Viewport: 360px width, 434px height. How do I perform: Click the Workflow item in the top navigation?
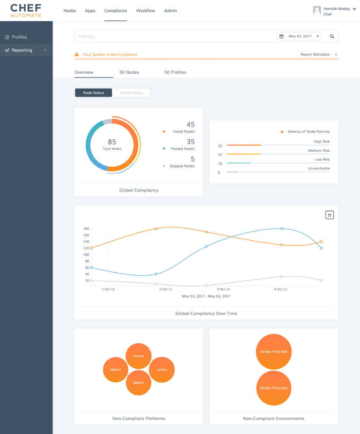pos(145,11)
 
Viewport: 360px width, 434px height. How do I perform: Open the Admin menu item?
pos(170,11)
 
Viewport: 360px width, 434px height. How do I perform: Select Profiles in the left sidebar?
pos(19,37)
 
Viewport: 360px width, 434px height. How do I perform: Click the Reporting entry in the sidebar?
pos(22,50)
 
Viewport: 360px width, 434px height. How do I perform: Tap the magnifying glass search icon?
pos(332,36)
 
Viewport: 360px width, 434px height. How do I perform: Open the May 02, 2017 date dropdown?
pos(299,36)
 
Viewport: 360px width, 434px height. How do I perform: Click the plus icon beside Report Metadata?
pos(336,55)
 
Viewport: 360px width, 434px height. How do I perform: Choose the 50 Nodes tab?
pos(129,72)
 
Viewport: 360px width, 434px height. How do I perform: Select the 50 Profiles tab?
pos(175,72)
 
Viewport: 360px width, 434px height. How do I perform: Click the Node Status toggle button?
pos(93,93)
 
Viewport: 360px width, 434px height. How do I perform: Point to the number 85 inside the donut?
pos(112,142)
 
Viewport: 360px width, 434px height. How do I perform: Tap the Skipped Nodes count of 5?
pos(193,159)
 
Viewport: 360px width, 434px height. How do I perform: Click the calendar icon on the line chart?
pos(329,215)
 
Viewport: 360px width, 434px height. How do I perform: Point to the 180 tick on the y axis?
pos(86,228)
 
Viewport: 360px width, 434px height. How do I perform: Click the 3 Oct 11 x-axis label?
pos(223,289)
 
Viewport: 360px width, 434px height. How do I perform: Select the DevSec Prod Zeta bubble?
pos(273,388)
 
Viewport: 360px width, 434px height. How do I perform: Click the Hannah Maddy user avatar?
pos(317,10)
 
